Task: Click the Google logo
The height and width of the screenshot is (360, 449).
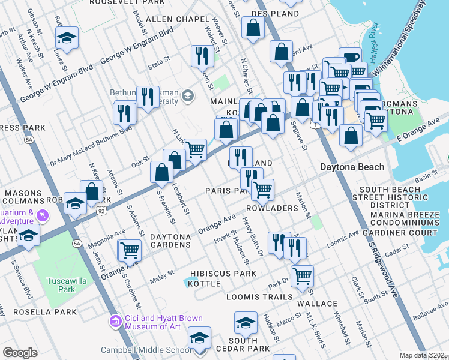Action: [20, 353]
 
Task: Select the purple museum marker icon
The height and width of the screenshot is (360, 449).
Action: [115, 322]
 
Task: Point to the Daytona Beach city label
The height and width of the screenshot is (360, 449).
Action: [352, 167]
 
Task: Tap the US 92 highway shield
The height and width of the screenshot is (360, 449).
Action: [100, 211]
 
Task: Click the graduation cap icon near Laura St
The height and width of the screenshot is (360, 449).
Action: [67, 38]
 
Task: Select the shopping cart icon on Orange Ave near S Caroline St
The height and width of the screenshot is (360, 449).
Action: [130, 250]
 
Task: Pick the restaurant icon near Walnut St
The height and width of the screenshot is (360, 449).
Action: [202, 56]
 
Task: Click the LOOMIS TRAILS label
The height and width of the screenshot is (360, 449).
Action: [259, 296]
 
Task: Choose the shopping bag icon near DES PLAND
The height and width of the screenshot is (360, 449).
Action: [253, 27]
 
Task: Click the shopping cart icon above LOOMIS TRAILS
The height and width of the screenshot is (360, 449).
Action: [302, 275]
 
